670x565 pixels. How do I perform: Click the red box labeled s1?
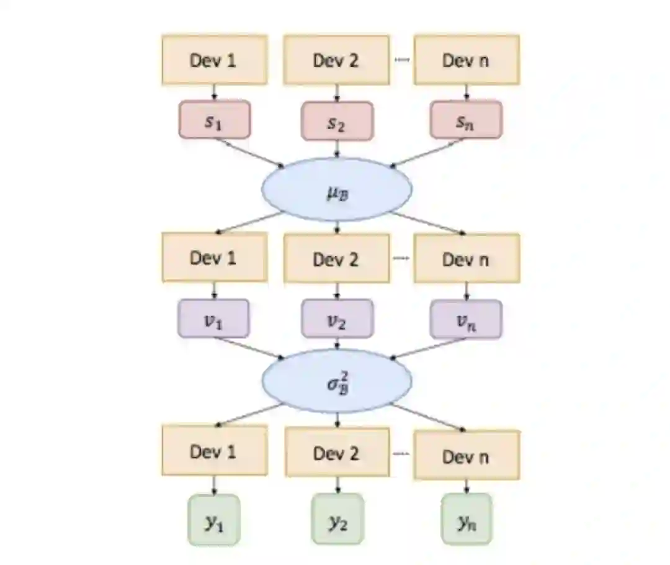[214, 120]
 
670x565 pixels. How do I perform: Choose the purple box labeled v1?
[213, 319]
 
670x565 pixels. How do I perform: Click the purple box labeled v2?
[337, 320]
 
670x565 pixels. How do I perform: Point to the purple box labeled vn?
[466, 319]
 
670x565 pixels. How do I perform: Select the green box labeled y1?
[213, 520]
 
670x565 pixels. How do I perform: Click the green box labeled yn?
[466, 520]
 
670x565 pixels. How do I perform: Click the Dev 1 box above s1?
[214, 60]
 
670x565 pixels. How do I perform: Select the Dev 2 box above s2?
[337, 60]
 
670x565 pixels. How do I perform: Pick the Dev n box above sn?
[466, 60]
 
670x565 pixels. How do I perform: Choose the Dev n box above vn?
[466, 258]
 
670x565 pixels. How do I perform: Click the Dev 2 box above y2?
[337, 452]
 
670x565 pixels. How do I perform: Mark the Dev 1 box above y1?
[214, 451]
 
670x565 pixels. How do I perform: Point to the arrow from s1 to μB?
[251, 153]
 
